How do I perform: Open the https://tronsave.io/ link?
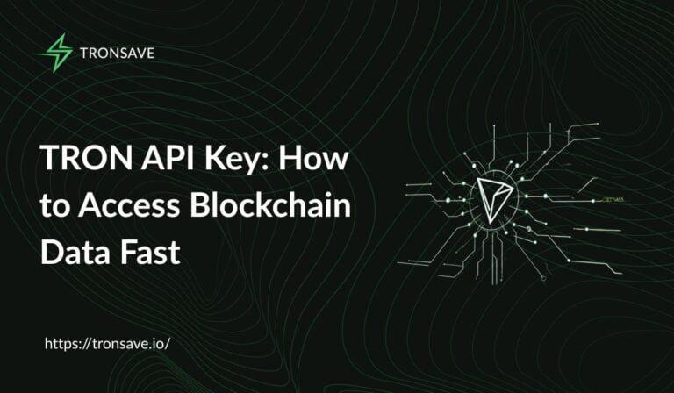(x=106, y=343)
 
